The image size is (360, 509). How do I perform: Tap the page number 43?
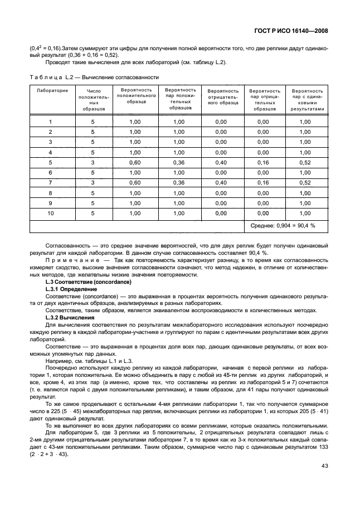coord(324,482)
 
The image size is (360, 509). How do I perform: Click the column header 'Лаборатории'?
coord(52,90)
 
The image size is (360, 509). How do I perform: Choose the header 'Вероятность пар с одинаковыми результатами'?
coord(307,99)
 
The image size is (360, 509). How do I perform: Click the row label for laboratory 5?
coord(50,162)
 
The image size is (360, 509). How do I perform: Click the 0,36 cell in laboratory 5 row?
coord(178,162)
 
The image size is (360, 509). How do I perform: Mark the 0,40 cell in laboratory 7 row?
coord(221,182)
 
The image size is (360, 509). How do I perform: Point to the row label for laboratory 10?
coord(50,213)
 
